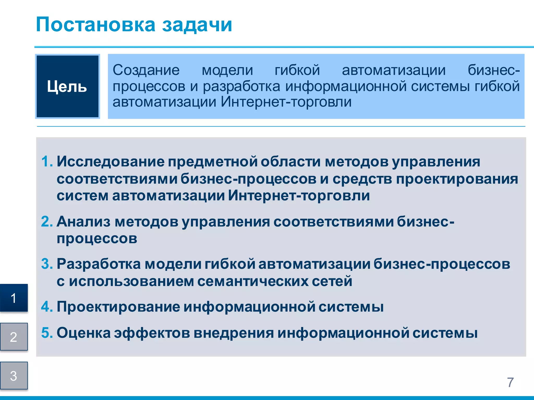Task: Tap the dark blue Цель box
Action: [67, 86]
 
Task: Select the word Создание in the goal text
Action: [146, 70]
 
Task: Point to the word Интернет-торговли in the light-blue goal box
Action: [286, 102]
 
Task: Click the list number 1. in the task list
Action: [47, 161]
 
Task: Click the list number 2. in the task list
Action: [47, 222]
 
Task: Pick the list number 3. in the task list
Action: [47, 264]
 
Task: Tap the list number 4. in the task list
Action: [47, 307]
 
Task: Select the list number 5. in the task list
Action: [47, 333]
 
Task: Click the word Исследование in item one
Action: [111, 161]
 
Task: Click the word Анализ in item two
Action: [83, 222]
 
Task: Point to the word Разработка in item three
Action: [99, 264]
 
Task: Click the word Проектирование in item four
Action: [118, 307]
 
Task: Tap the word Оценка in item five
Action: [83, 333]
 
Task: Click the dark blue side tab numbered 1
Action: [14, 298]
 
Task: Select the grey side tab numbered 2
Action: [14, 337]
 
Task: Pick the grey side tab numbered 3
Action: [14, 376]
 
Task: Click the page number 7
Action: [510, 382]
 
